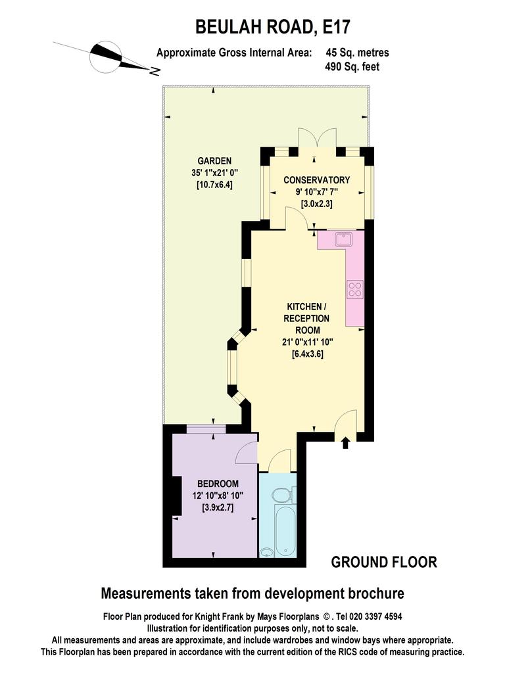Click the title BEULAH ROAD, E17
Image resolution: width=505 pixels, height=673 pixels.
click(273, 27)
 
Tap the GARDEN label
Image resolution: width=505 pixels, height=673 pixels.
click(214, 161)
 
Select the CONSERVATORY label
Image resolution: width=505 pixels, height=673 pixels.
click(317, 180)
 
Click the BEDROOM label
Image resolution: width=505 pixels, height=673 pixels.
click(218, 484)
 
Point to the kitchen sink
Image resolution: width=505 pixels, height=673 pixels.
click(345, 239)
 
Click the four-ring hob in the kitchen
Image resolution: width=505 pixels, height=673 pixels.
click(355, 289)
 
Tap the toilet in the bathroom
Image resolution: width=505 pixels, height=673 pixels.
click(284, 494)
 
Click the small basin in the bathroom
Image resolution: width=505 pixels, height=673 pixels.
click(267, 552)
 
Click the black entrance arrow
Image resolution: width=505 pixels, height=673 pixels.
click(345, 442)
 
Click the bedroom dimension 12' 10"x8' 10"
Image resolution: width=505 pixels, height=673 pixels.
click(218, 496)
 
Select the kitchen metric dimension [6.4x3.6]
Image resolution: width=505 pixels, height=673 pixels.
click(308, 354)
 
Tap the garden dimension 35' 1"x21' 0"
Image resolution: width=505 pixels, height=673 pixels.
click(214, 173)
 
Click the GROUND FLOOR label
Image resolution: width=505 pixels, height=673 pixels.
click(384, 562)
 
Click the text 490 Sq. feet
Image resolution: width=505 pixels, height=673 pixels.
click(352, 66)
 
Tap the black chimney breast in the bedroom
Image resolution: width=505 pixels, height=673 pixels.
click(176, 496)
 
